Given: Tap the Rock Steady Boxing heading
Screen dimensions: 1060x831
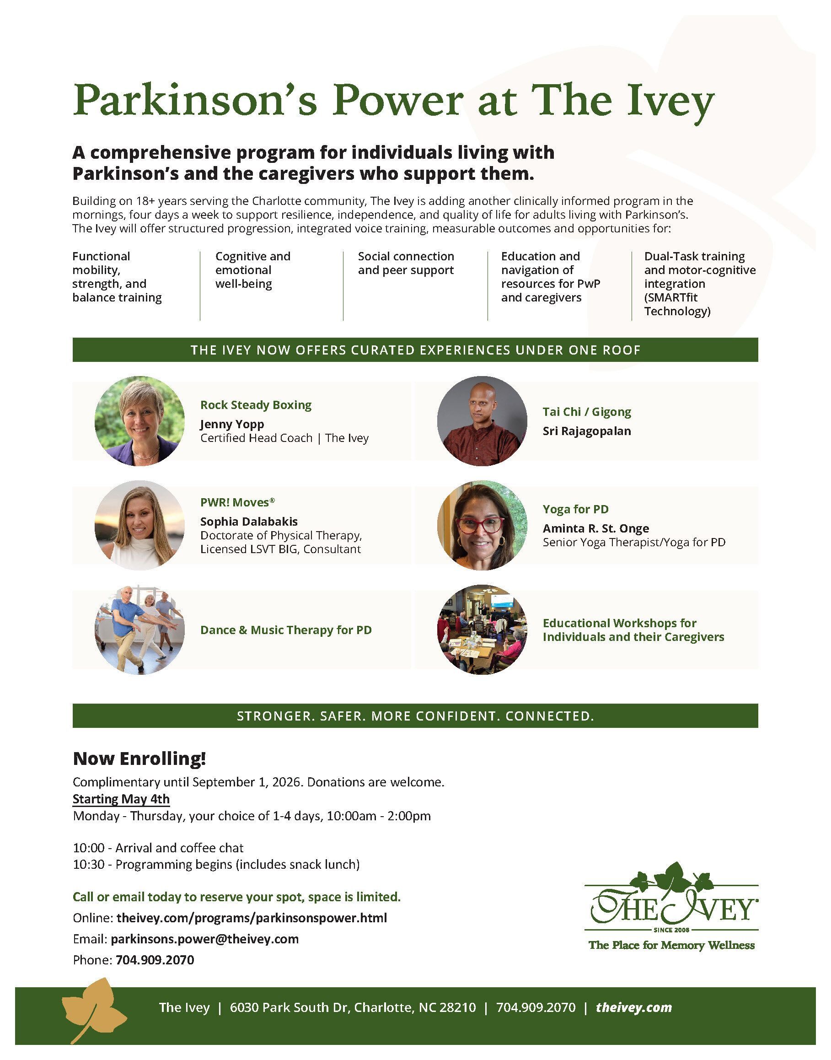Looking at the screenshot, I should pos(256,405).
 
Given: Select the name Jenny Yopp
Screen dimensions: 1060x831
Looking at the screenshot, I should pos(232,424).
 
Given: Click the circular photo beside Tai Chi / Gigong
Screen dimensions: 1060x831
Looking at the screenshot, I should pos(482,421).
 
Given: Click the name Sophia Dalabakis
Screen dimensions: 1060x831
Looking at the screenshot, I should pos(249,521).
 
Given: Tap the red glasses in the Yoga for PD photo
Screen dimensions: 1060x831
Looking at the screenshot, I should pos(480,525).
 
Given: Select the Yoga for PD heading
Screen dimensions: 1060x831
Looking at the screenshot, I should pos(575,509).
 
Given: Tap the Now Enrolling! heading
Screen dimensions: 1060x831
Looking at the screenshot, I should pos(139,758).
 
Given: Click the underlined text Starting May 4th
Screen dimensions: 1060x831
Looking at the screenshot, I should pos(121,799).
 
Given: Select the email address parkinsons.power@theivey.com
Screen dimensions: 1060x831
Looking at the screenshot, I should pos(204,939).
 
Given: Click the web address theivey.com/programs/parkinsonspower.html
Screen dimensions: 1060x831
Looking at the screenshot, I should pos(252,918).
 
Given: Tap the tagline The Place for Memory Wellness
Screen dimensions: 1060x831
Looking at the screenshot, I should pos(671,945).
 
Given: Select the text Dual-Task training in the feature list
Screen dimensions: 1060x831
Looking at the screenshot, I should pos(694,257).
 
